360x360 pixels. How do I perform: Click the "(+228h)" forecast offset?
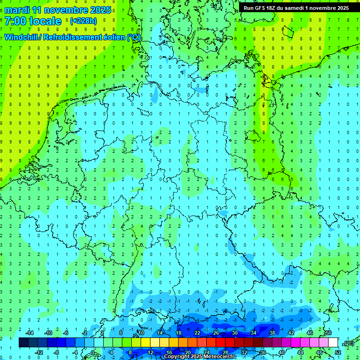coord(83,21)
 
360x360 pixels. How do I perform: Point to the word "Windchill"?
coord(23,37)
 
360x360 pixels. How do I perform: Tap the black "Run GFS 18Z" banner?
coord(296,8)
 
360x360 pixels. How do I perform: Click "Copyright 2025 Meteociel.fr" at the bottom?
coord(200,357)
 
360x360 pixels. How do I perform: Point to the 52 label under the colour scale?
coord(338,352)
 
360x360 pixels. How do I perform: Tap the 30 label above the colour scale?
coord(235,333)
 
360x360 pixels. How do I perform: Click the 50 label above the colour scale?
coord(329,333)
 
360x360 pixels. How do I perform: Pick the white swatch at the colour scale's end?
coord(333,343)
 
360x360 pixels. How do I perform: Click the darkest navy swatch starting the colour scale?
coord(23,343)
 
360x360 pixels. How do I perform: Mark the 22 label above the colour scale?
coord(197,333)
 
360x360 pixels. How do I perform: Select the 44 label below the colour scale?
coord(300,352)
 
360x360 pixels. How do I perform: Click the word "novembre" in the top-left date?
coord(67,10)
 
